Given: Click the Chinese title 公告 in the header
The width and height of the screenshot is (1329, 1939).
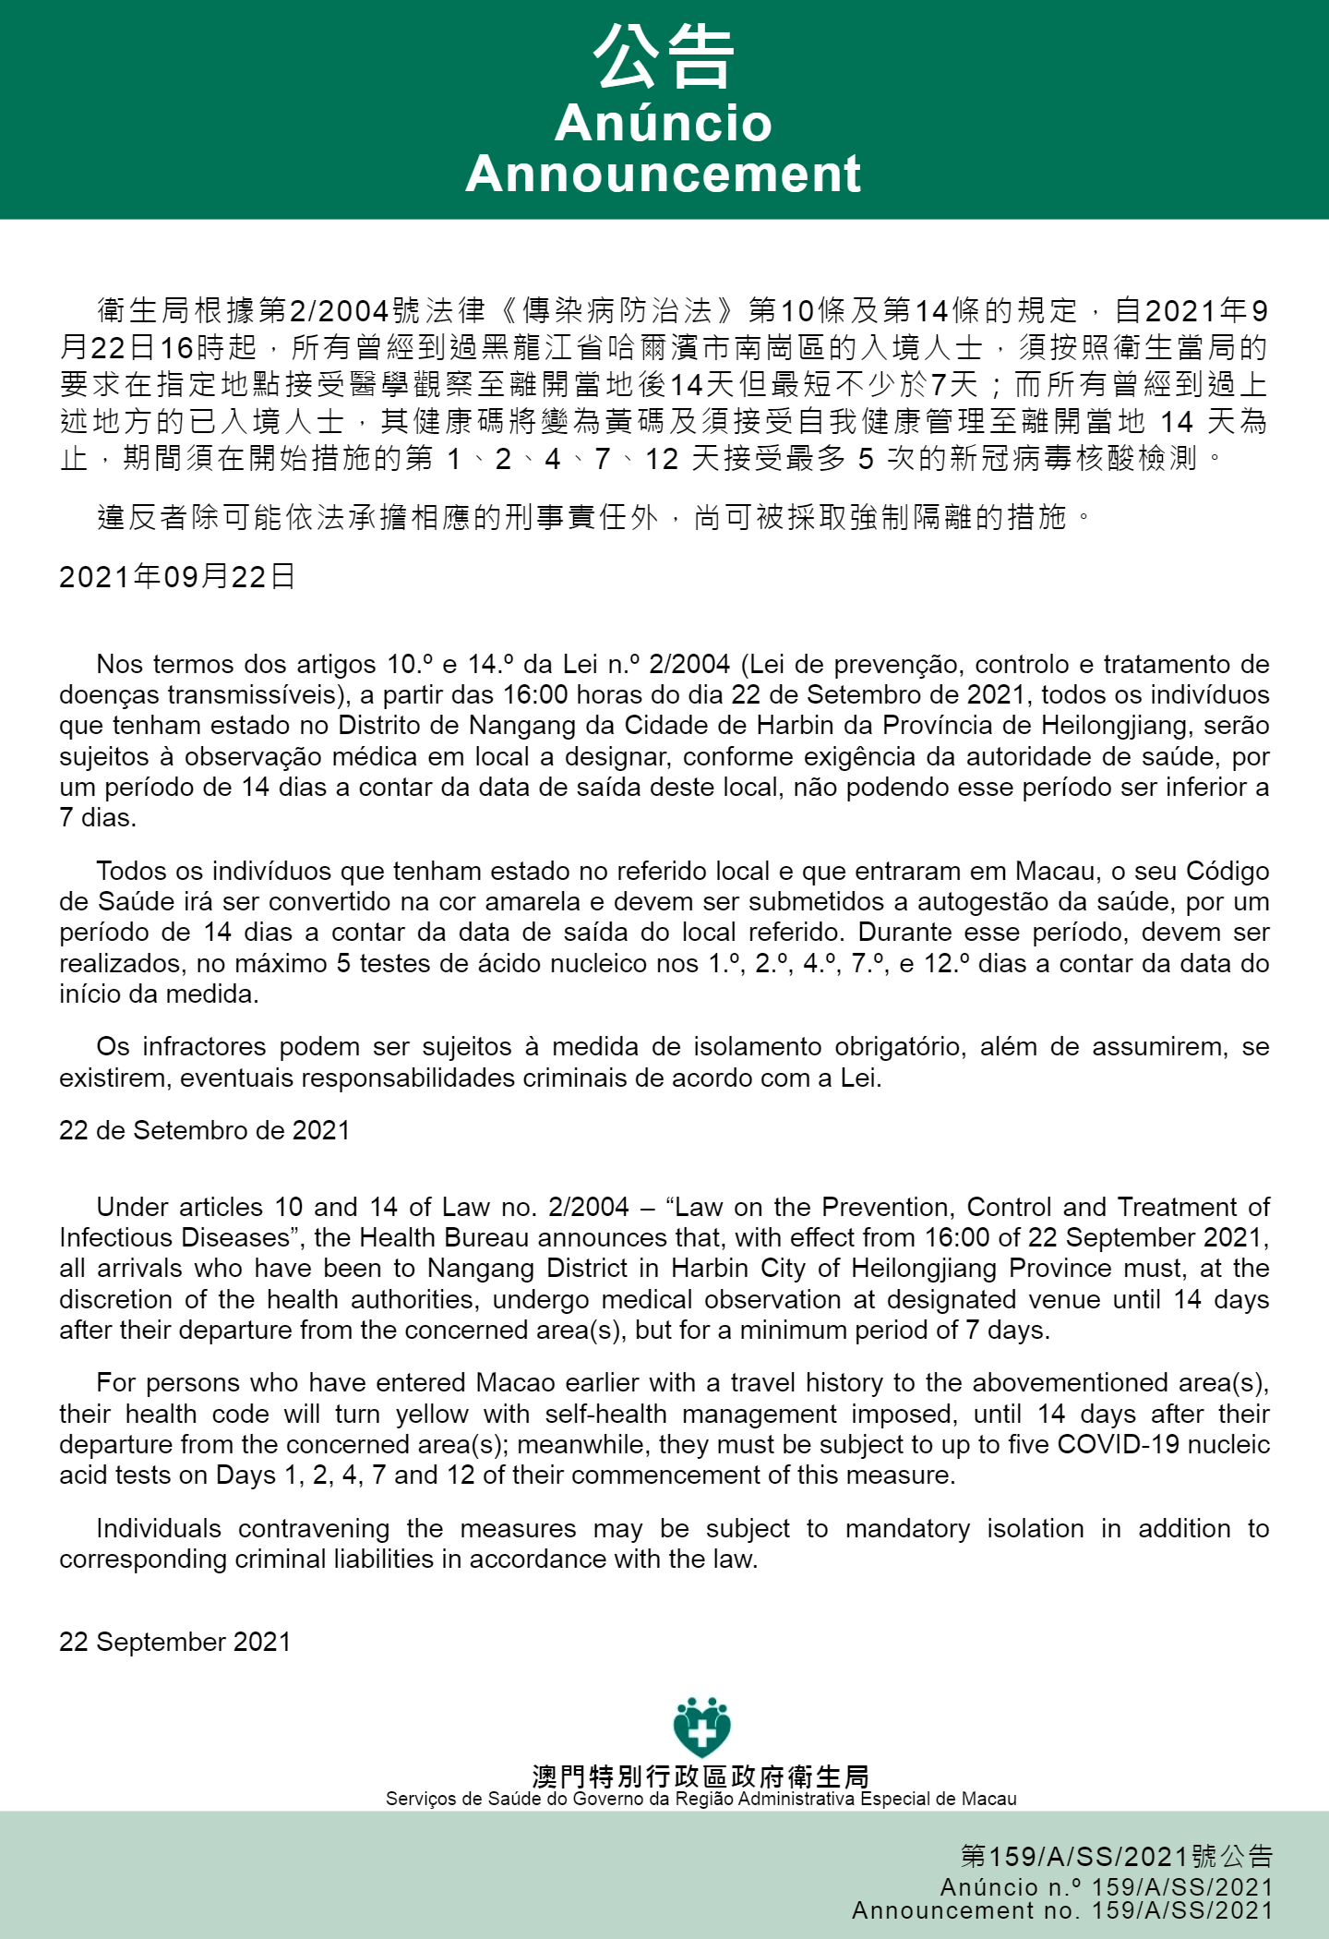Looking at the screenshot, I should point(664,57).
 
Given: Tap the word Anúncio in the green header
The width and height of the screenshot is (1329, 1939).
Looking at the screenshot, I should point(664,123).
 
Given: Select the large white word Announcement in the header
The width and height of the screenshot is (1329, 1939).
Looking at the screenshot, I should point(664,174).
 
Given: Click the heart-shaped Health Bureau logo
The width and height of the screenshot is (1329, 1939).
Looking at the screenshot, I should point(701,1727).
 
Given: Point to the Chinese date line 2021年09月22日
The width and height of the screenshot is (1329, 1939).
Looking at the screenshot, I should point(177,577).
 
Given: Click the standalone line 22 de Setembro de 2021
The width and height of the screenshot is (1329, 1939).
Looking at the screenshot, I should point(204,1130).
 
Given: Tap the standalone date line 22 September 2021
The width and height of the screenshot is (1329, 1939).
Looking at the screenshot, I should point(174,1642).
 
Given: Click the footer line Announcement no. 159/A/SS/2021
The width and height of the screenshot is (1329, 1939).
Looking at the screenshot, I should point(1062,1910).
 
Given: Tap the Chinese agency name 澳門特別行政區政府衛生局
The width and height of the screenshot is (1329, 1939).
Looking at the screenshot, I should point(700,1776).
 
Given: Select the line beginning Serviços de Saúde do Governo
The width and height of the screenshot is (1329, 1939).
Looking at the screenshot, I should point(700,1799).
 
